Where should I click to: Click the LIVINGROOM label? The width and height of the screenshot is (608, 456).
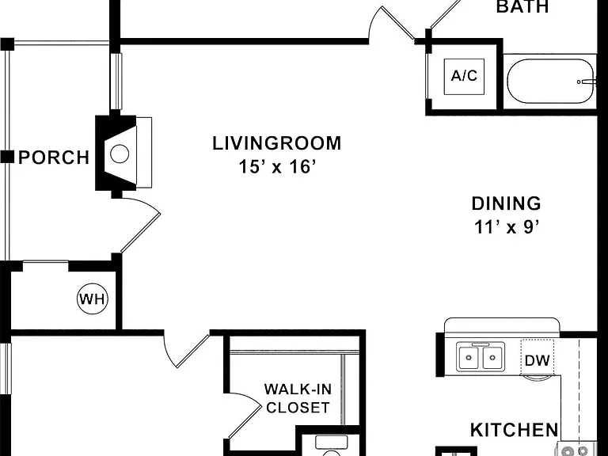[x=277, y=143]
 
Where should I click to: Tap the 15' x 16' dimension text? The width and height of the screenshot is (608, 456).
[x=275, y=167]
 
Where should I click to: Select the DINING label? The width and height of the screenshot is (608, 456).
[x=507, y=203]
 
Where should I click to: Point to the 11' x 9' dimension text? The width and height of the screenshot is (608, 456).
[x=507, y=227]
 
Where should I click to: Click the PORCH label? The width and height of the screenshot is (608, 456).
[x=54, y=158]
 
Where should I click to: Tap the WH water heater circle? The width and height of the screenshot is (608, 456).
[x=93, y=299]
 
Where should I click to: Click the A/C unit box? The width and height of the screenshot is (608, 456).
[x=464, y=76]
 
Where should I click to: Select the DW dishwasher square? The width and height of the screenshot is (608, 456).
[x=537, y=358]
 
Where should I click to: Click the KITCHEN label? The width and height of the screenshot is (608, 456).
[x=514, y=430]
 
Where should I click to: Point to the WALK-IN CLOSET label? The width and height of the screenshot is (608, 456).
[x=298, y=398]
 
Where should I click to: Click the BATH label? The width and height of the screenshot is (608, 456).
[x=522, y=6]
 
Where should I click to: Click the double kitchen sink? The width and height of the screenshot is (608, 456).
[x=481, y=356]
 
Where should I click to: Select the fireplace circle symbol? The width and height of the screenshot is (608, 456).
[x=120, y=154]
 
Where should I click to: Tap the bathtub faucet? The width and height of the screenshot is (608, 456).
[x=586, y=82]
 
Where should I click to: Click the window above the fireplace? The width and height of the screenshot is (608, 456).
[x=116, y=81]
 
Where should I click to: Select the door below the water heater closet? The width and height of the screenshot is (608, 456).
[x=187, y=350]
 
